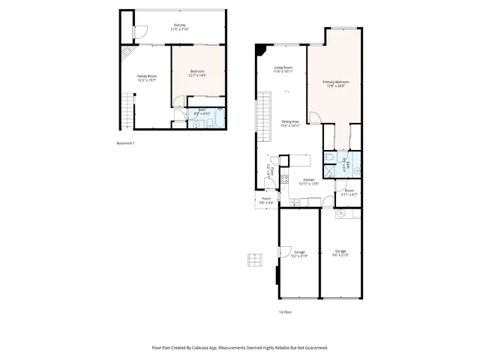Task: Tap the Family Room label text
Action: [146, 78]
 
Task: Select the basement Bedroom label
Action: [197, 73]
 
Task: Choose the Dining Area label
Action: [291, 124]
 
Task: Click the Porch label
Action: [266, 200]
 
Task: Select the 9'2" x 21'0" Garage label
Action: [299, 253]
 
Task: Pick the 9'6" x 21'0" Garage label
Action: [340, 253]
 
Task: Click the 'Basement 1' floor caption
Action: [125, 142]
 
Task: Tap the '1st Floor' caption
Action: [285, 312]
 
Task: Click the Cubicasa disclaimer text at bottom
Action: [240, 347]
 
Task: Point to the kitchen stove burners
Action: [284, 180]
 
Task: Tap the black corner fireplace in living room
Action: [260, 49]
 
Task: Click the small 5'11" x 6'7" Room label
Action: [349, 193]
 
